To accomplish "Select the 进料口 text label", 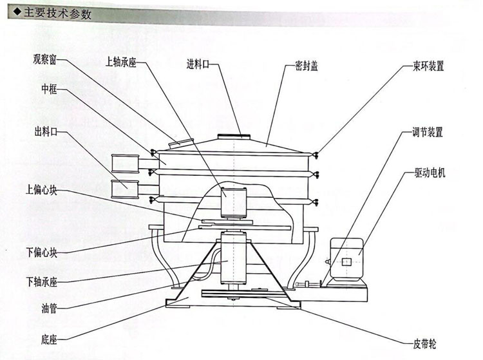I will click(x=199, y=63).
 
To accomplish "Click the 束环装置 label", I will click(x=428, y=66).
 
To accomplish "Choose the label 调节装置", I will click(x=427, y=132).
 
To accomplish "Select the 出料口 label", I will click(x=46, y=131).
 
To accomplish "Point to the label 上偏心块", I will click(x=42, y=190).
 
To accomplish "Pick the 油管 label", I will click(x=49, y=308).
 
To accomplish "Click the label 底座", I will click(x=49, y=338).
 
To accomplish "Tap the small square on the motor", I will click(x=347, y=261).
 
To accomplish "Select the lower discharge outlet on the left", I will click(x=126, y=188).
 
